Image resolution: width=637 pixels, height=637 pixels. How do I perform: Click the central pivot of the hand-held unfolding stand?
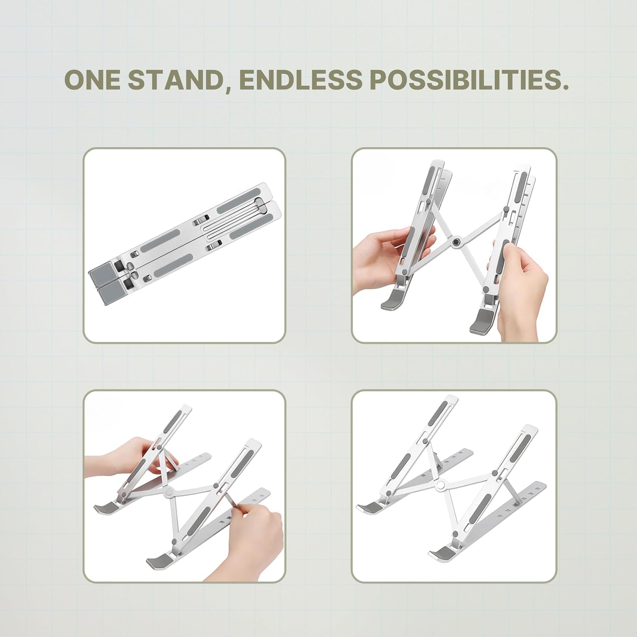pos(457,242)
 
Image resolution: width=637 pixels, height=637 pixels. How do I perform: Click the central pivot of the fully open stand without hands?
pos(441,484)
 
